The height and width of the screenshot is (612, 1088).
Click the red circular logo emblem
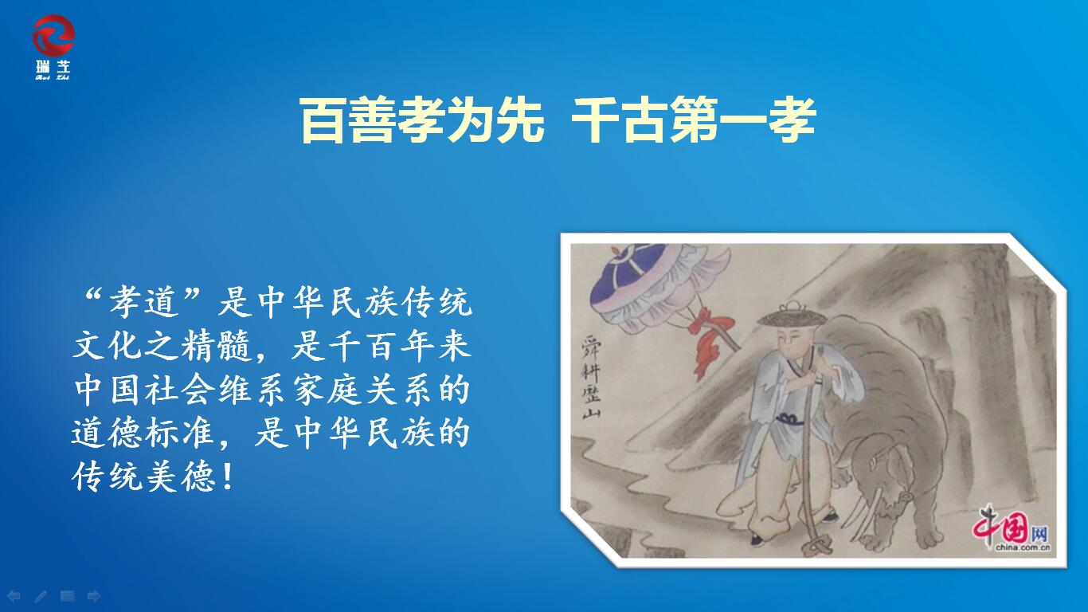click(53, 35)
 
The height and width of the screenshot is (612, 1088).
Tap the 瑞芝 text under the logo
click(53, 67)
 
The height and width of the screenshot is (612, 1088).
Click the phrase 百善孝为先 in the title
click(421, 120)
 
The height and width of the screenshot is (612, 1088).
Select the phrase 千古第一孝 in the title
click(693, 120)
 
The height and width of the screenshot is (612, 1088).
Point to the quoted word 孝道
click(143, 302)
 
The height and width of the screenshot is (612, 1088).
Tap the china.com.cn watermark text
click(1023, 547)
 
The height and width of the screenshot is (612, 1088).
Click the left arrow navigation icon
click(14, 596)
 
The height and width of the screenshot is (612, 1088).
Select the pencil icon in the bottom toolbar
click(41, 596)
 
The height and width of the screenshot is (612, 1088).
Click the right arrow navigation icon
click(94, 596)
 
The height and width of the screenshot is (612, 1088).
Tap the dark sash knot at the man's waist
click(790, 419)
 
